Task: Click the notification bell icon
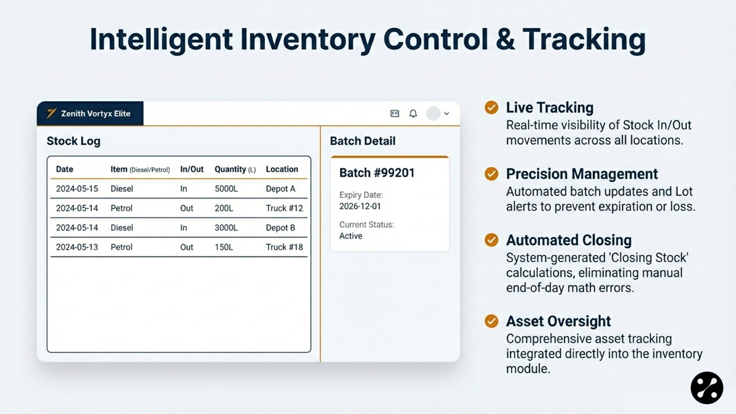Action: click(x=413, y=114)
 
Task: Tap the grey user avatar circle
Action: click(x=433, y=113)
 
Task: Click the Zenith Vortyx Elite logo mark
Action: click(x=52, y=113)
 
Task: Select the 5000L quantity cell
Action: click(x=226, y=189)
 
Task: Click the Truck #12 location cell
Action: click(x=284, y=208)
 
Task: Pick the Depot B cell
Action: click(x=280, y=228)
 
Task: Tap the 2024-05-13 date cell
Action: click(x=77, y=247)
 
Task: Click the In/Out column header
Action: click(x=192, y=169)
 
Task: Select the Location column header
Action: click(x=282, y=169)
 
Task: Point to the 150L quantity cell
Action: click(x=224, y=247)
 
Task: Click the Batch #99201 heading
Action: click(x=377, y=173)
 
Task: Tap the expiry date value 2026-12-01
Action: click(x=360, y=206)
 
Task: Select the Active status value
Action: click(x=351, y=236)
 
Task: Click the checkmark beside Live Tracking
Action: click(x=491, y=108)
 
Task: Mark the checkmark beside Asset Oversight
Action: click(x=491, y=321)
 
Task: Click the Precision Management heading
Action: click(x=582, y=174)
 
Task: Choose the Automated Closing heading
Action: click(x=569, y=240)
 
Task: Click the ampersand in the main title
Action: click(x=505, y=39)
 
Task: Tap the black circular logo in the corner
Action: click(x=707, y=388)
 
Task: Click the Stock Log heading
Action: click(x=74, y=141)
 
